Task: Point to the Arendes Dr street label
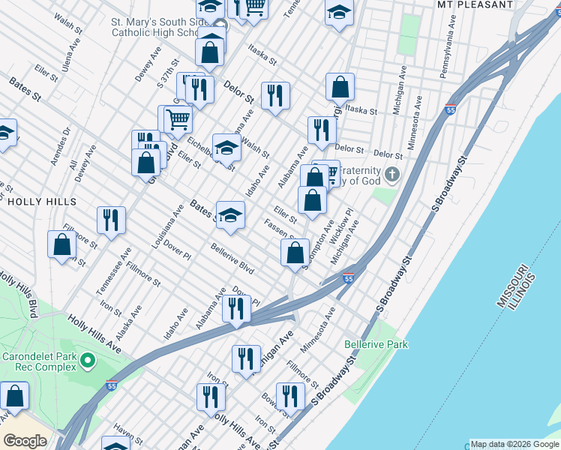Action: pyautogui.click(x=60, y=142)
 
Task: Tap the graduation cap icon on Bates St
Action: pyautogui.click(x=230, y=214)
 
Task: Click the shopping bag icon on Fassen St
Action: pyautogui.click(x=295, y=252)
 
